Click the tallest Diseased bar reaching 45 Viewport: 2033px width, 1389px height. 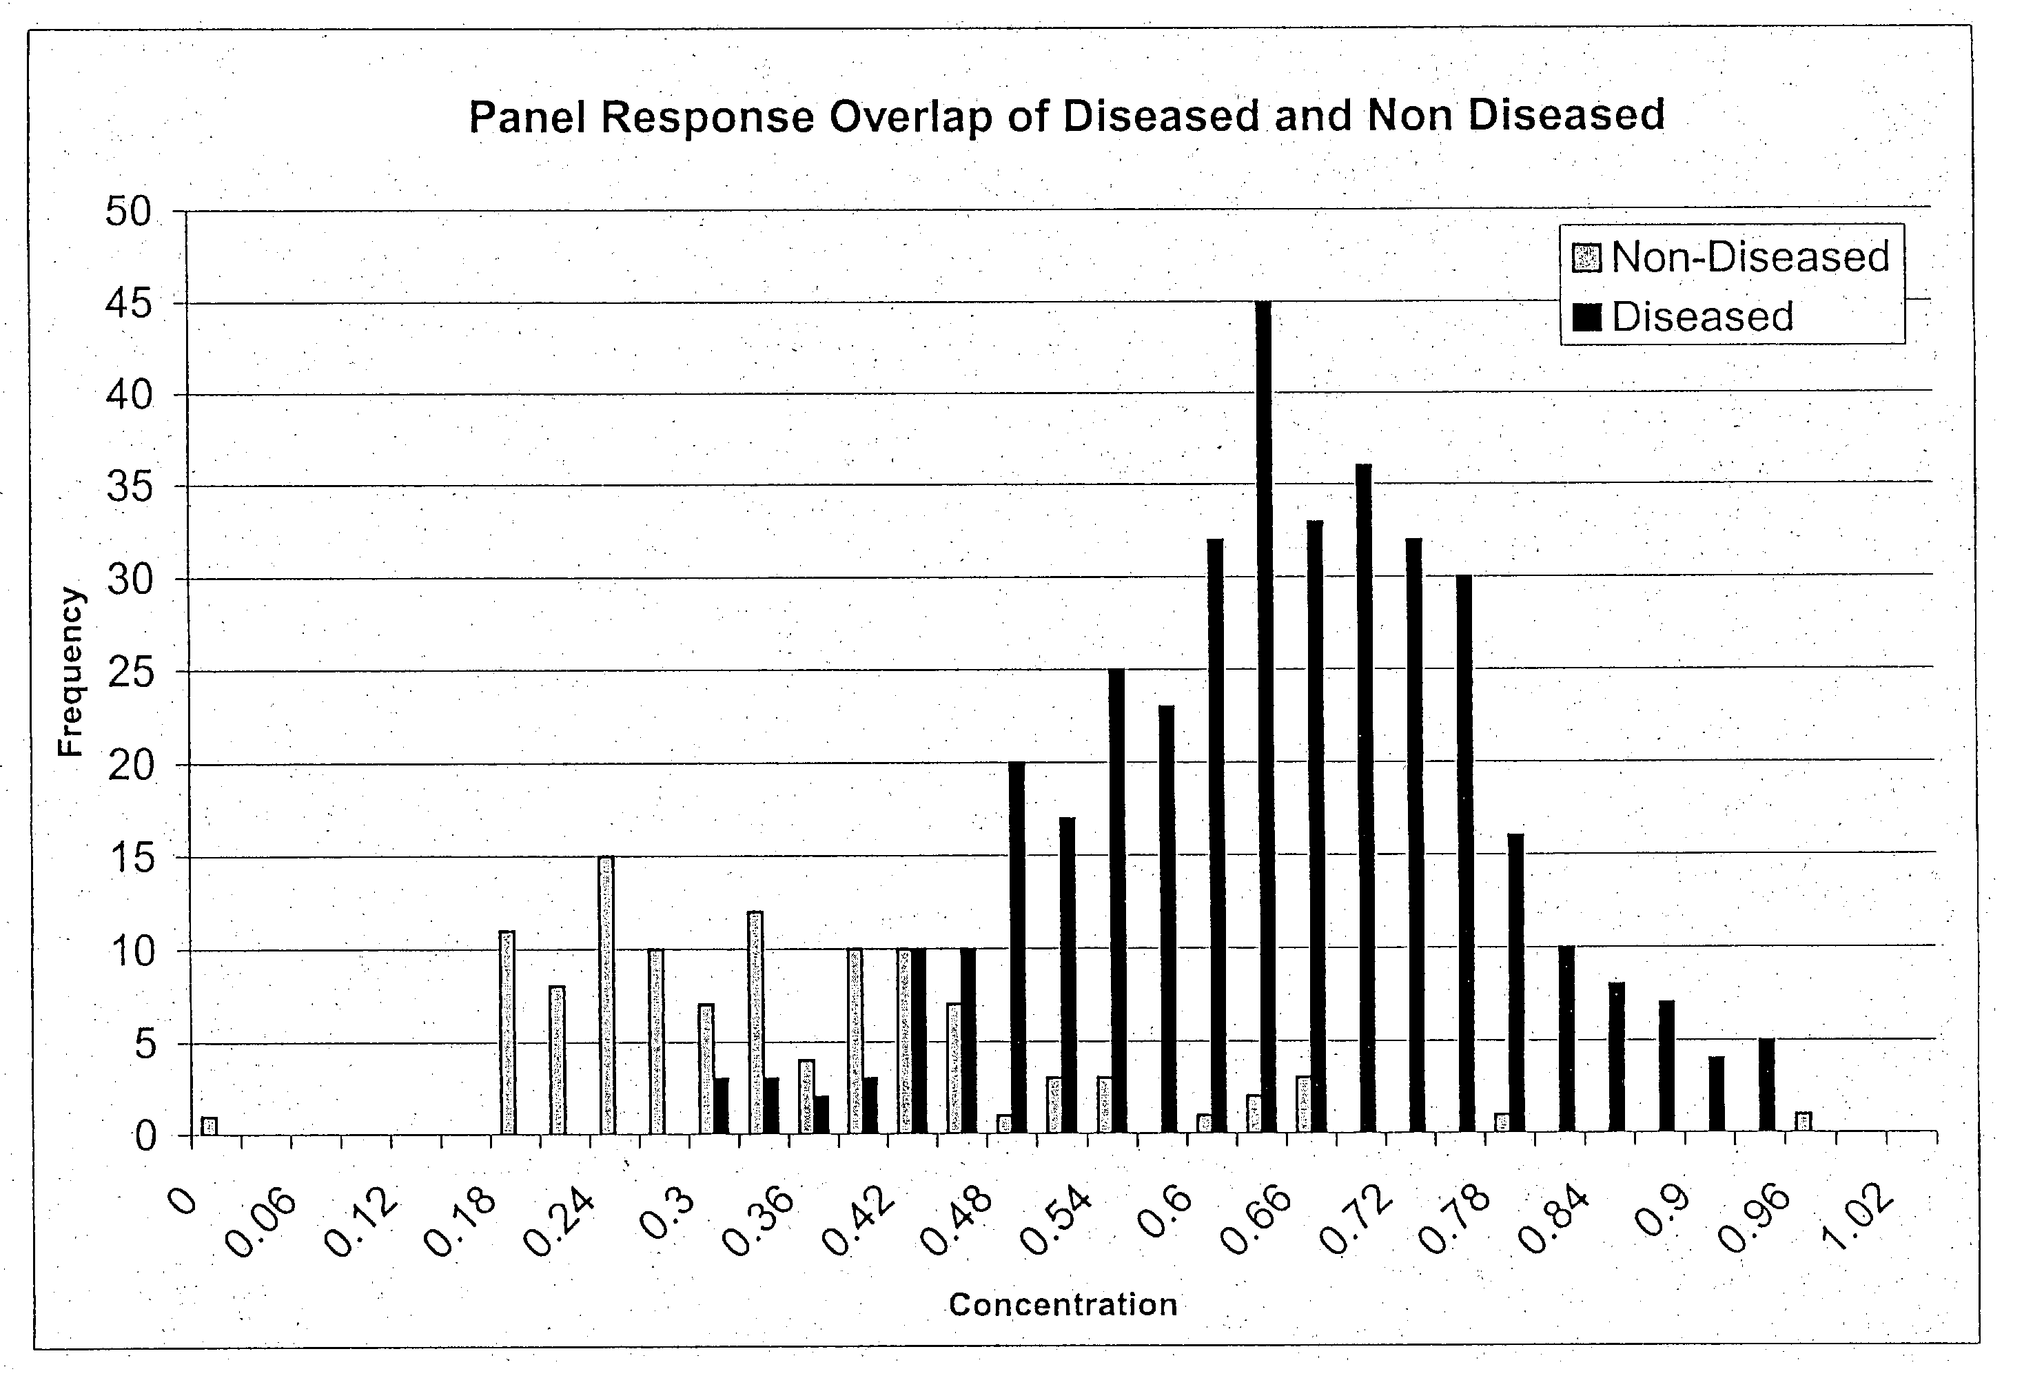pos(1263,717)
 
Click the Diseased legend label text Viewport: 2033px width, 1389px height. pos(1702,317)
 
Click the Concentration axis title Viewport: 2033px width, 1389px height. pos(1062,1304)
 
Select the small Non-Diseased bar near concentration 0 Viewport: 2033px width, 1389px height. pos(209,1126)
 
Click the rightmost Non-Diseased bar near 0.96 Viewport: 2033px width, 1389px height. pos(1803,1122)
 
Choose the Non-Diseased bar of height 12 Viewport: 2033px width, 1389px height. pos(755,1022)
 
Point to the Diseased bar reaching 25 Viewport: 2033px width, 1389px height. pos(1116,901)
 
